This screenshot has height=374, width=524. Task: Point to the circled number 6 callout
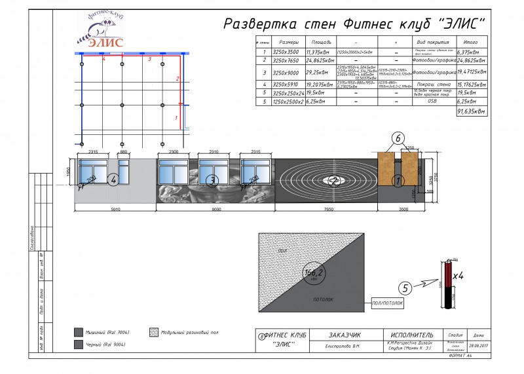tap(398, 139)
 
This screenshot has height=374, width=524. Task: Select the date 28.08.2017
tap(477, 345)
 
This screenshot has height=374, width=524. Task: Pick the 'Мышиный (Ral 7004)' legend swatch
tap(78, 332)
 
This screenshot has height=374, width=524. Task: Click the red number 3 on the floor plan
tap(149, 60)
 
